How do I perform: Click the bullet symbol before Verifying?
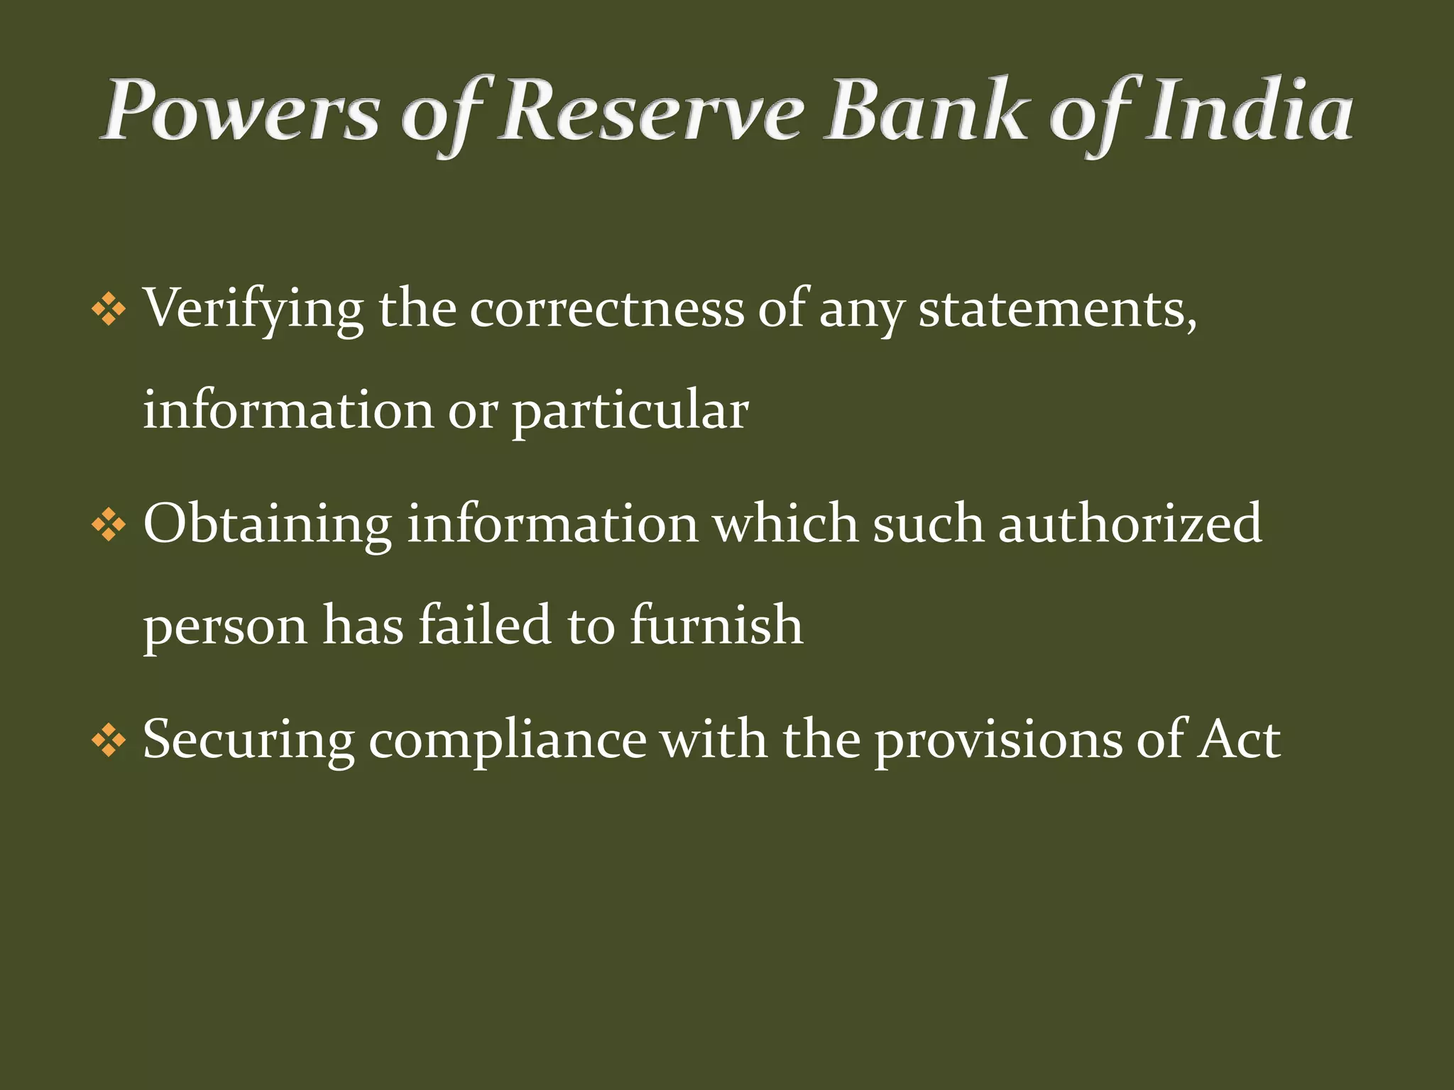109,310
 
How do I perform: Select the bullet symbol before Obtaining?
109,526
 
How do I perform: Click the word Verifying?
253,310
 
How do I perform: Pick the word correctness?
607,309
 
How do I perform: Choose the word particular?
630,412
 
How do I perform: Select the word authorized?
1130,524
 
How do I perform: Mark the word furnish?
717,625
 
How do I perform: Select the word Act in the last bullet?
1239,740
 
